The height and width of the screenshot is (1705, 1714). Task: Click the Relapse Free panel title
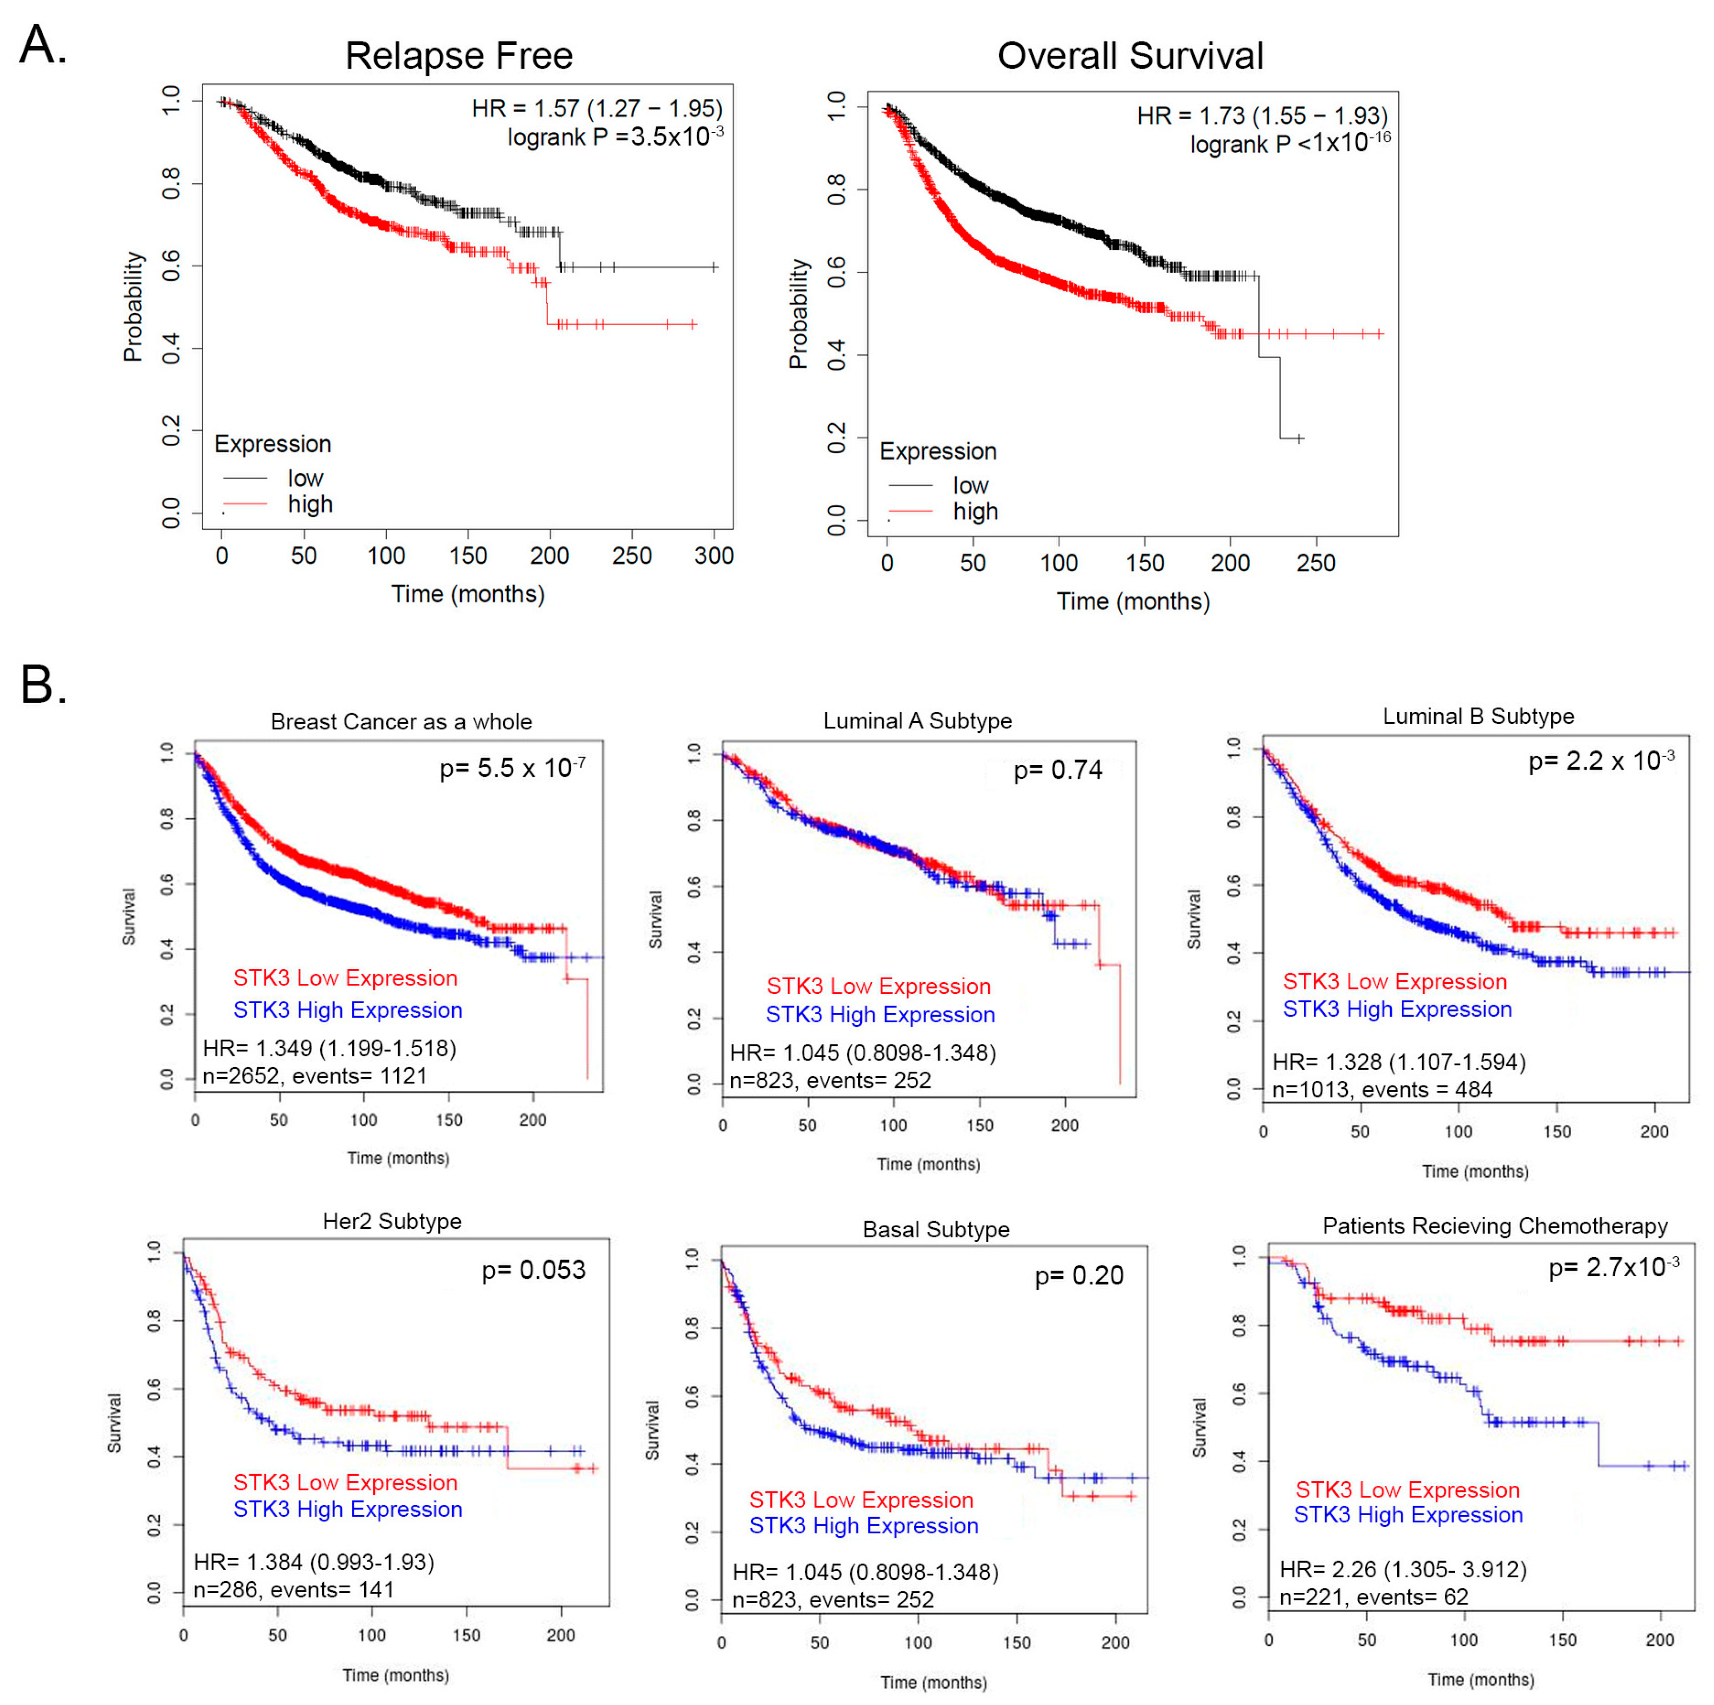point(459,56)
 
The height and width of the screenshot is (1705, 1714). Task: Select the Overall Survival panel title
point(1130,56)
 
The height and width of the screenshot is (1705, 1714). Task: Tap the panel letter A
point(42,44)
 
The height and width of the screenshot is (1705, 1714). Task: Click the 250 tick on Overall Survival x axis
point(1315,563)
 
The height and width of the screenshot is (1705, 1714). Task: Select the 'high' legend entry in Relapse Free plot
point(310,504)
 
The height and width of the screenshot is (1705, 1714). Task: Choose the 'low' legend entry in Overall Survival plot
point(970,485)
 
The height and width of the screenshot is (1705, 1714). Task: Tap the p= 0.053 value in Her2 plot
point(533,1270)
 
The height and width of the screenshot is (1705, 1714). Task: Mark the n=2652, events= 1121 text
point(315,1076)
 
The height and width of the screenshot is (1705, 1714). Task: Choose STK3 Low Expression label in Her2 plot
point(345,1482)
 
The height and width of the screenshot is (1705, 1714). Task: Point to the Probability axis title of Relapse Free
point(133,306)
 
